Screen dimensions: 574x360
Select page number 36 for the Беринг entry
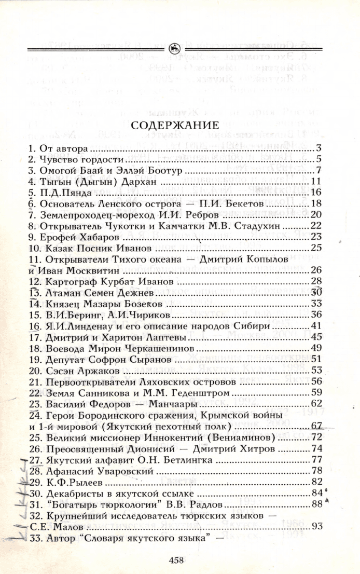click(x=317, y=315)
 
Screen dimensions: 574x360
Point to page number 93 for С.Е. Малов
click(x=317, y=526)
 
